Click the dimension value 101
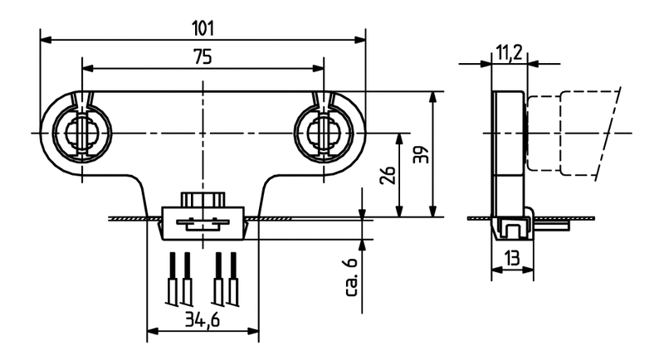pos(203,27)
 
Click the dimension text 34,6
pos(203,321)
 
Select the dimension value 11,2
pos(509,53)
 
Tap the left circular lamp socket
pos(81,133)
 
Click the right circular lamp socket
pos(320,133)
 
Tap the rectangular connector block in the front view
pos(203,222)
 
